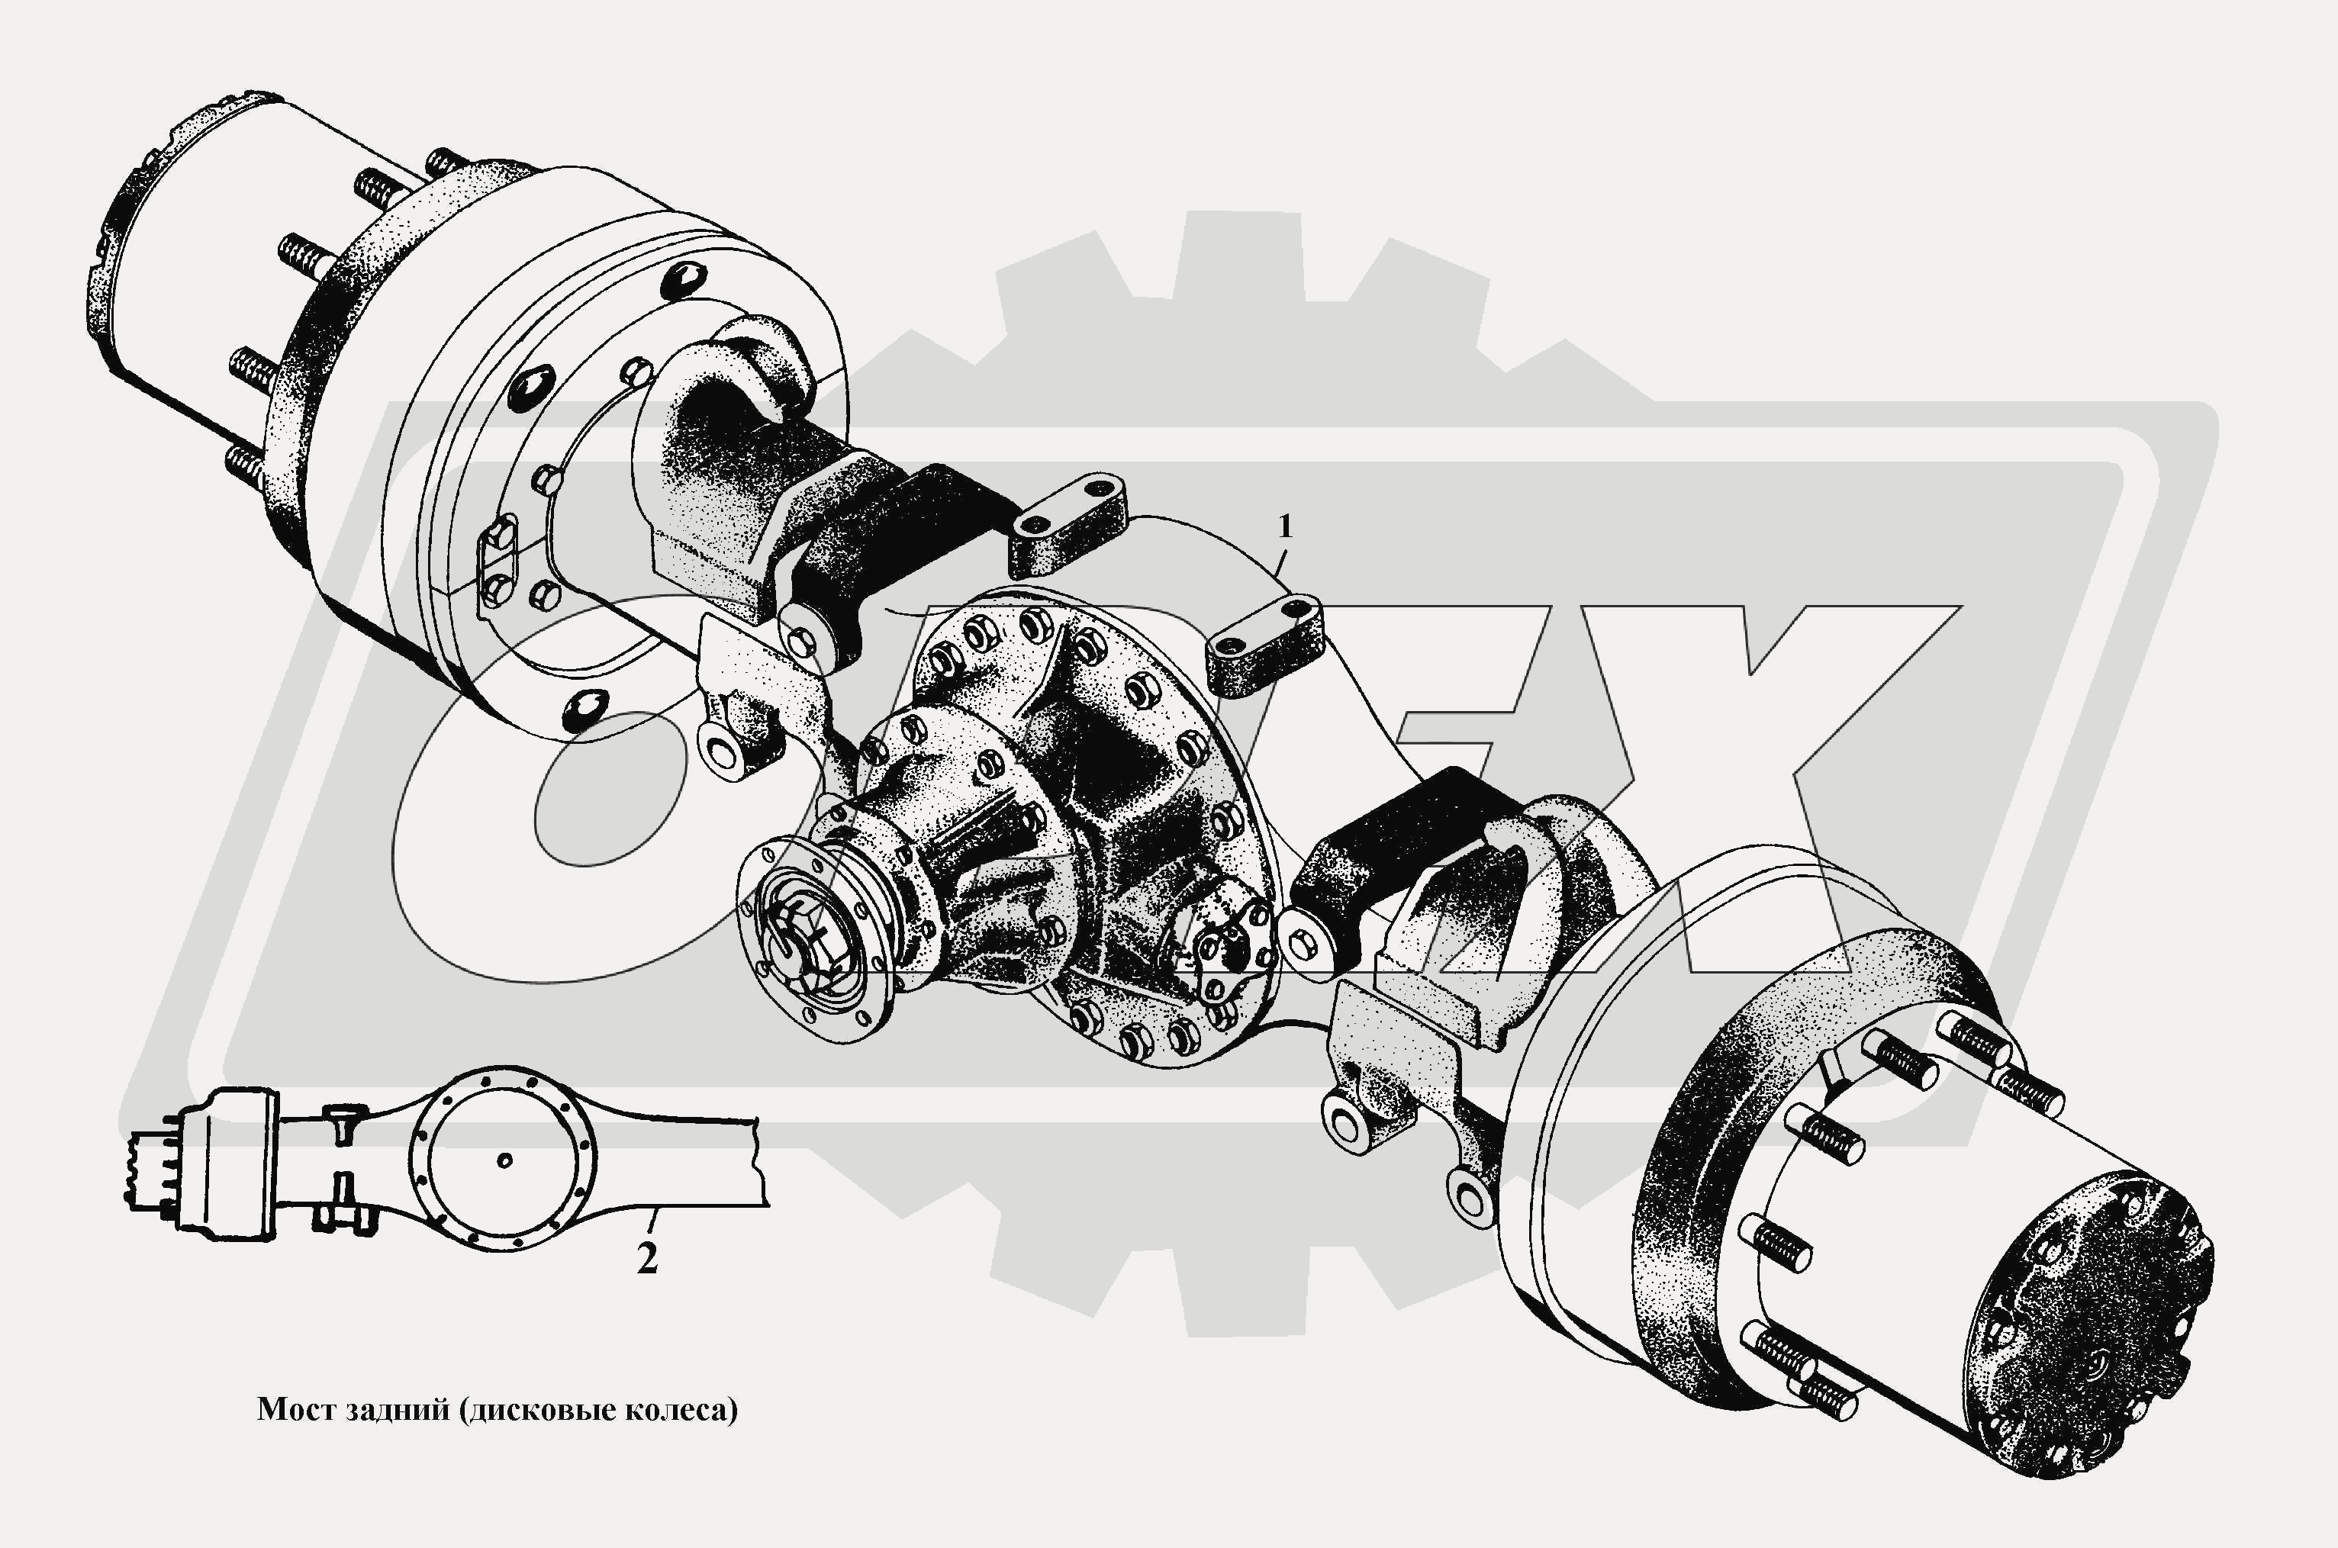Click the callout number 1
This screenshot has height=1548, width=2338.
(1284, 527)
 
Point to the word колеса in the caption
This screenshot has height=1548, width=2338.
(683, 1410)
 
